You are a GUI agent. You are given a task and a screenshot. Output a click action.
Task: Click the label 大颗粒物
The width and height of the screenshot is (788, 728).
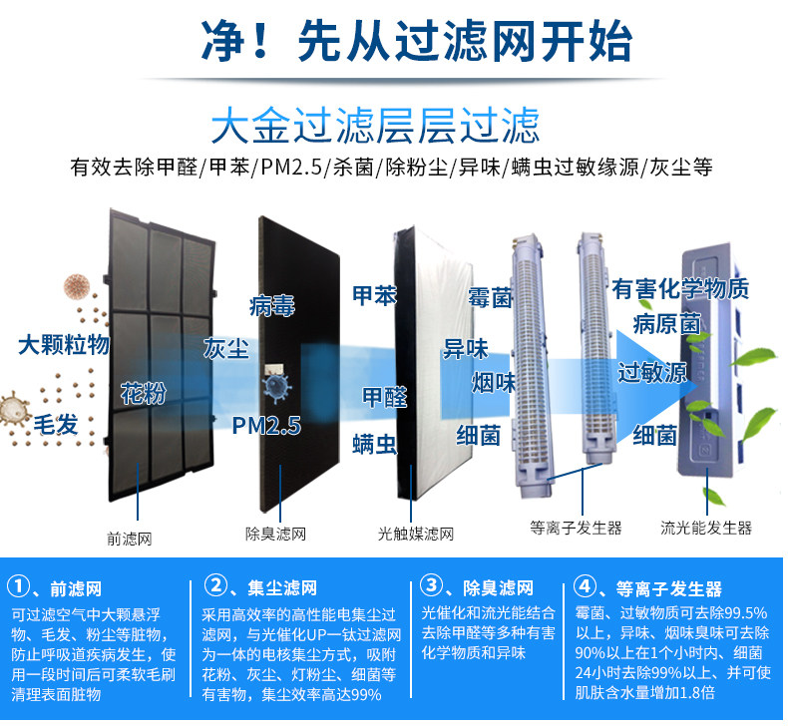click(63, 346)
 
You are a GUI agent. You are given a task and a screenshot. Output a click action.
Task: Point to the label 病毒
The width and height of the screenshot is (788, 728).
click(272, 305)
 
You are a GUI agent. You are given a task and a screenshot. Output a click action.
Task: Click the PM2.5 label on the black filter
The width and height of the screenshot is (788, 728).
click(266, 426)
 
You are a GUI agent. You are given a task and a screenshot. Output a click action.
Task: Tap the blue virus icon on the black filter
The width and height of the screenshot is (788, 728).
click(273, 385)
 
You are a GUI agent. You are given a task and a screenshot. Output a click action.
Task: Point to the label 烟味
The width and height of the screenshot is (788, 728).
click(493, 381)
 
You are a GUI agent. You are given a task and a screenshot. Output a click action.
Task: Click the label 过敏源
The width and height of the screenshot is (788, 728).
click(652, 373)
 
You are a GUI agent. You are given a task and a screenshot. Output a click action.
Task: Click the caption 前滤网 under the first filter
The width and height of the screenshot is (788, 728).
click(131, 539)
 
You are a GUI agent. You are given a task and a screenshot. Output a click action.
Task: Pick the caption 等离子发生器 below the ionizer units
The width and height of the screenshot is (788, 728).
click(577, 527)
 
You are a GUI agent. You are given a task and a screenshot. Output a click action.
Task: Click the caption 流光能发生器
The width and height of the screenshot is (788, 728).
click(706, 528)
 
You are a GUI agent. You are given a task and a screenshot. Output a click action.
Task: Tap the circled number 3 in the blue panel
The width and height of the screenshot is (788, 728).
click(431, 586)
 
